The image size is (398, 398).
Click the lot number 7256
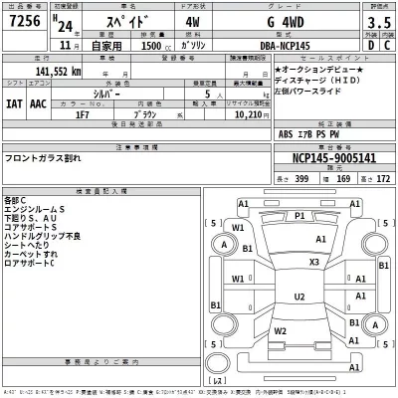click(x=27, y=22)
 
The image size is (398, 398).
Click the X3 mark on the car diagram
click(x=313, y=262)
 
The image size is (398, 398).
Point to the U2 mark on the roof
click(x=299, y=297)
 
